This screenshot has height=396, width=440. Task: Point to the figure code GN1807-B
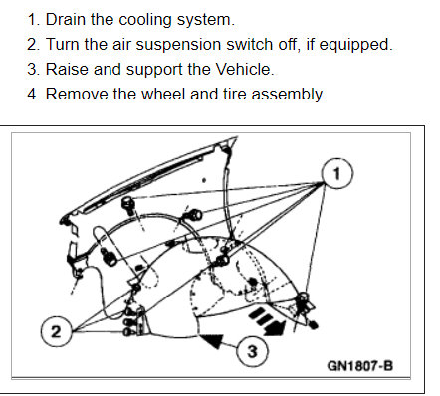pyautogui.click(x=359, y=365)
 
